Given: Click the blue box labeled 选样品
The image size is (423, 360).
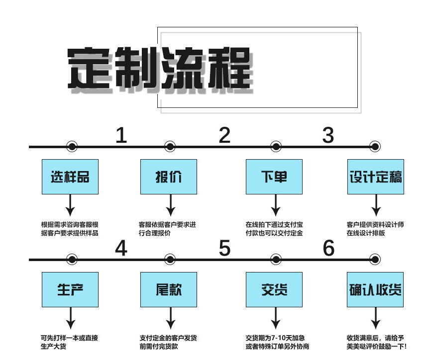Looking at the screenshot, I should click(70, 177).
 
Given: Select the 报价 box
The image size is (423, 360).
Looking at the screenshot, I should click(169, 177).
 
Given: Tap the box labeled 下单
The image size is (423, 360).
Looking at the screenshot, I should click(274, 177).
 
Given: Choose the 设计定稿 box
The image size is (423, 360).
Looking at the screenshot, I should click(375, 177).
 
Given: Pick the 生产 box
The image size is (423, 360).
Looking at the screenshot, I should click(70, 289).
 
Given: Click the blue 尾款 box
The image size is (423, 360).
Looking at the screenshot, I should click(169, 289).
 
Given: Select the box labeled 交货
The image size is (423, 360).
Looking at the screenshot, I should click(274, 289).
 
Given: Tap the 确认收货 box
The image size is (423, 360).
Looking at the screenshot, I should click(375, 289).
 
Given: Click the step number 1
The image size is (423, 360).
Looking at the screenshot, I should click(121, 135).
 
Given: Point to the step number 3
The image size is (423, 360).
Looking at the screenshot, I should click(328, 135).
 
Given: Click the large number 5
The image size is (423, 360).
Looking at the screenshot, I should click(225, 248).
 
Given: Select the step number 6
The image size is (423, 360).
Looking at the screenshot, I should click(328, 248).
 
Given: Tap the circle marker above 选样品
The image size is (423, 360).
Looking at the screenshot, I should click(72, 147).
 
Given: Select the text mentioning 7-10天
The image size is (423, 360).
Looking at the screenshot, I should click(277, 342).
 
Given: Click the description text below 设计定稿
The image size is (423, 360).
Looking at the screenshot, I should click(375, 229).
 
